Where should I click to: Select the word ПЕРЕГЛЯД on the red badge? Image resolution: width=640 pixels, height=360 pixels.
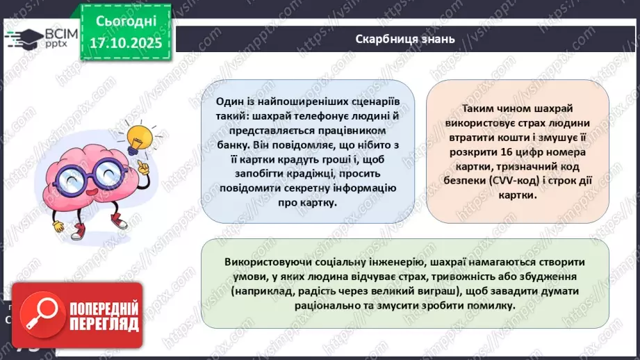(101, 324)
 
